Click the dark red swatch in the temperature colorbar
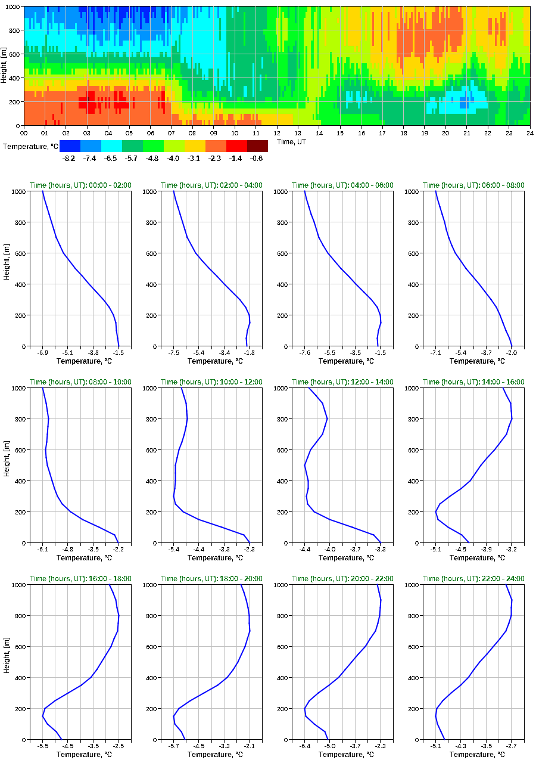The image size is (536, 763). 257,146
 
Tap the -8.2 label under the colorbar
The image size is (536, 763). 69,158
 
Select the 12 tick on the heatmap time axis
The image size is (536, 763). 277,133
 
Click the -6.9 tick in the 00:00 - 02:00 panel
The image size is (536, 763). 43,353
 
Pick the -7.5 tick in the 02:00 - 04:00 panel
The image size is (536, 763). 174,353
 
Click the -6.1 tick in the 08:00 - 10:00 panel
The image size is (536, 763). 43,550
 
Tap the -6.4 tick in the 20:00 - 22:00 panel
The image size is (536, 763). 305,746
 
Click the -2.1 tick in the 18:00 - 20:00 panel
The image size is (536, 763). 250,746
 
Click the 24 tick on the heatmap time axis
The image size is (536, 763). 529,133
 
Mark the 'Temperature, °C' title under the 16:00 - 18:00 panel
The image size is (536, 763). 80,755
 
